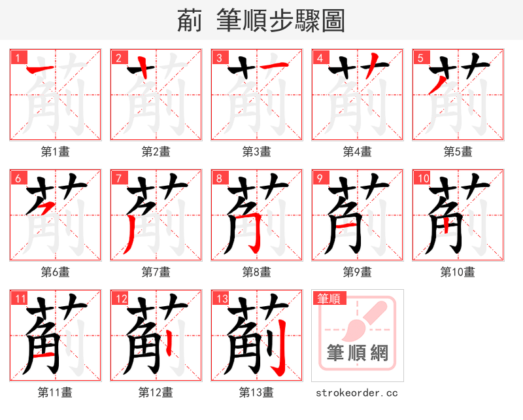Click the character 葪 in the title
(190, 21)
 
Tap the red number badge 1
(17, 58)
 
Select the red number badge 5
(420, 58)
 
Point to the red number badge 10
(422, 178)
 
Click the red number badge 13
(221, 298)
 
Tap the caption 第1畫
(56, 152)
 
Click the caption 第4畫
(358, 152)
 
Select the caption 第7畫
(156, 272)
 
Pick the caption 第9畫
(358, 272)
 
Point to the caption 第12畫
(156, 393)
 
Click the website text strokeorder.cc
(357, 393)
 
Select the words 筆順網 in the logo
(358, 353)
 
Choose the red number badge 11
(20, 298)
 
